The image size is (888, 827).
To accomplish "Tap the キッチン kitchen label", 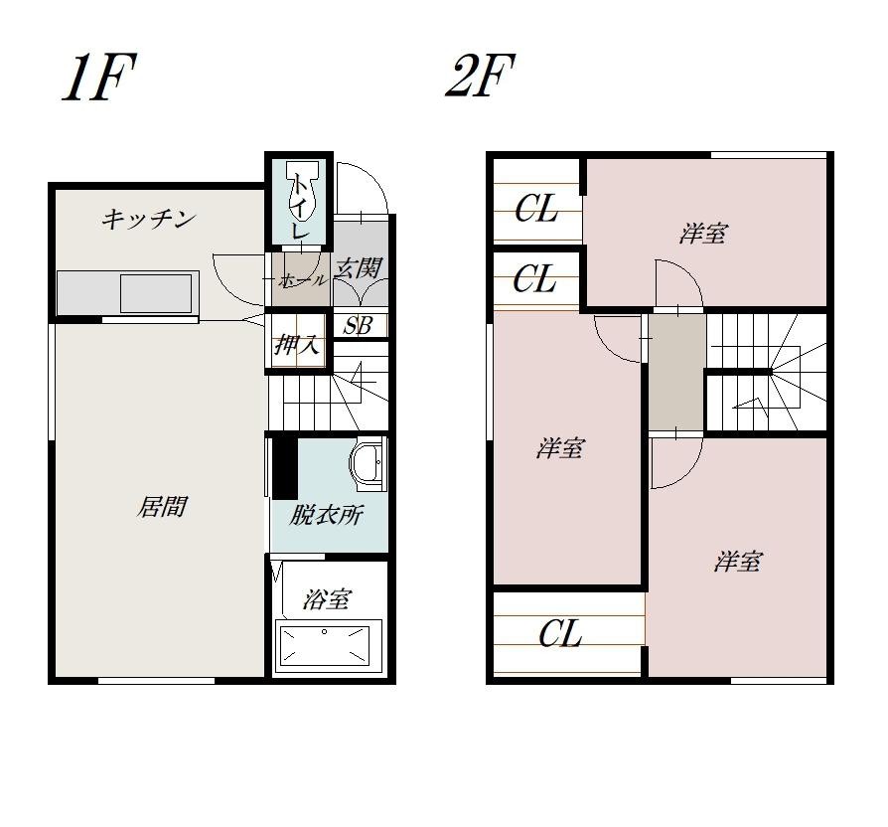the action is tap(149, 219).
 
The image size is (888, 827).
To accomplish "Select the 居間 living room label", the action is tap(162, 507).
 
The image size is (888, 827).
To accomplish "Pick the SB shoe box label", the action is tap(359, 326).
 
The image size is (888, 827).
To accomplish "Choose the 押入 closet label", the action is tap(297, 344).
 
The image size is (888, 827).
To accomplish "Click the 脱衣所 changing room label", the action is tap(326, 515).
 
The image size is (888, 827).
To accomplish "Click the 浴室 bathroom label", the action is tap(328, 598).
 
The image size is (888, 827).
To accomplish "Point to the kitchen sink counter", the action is tap(128, 292).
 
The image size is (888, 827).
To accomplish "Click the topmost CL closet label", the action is tap(536, 209).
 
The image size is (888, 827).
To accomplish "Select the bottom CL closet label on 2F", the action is tap(560, 634).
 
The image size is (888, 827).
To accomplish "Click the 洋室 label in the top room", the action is tap(703, 234).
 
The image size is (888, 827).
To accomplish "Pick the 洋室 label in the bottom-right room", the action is tap(738, 562).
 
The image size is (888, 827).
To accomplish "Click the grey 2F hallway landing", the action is tap(676, 372).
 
